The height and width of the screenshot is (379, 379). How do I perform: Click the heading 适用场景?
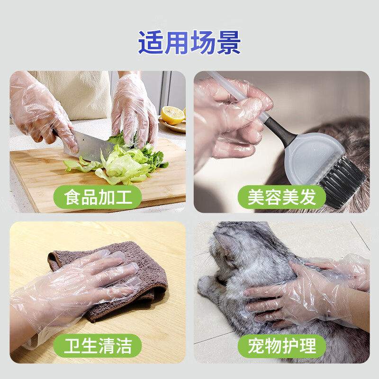click(x=189, y=43)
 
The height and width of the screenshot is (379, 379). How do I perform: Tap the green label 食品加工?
click(x=98, y=197)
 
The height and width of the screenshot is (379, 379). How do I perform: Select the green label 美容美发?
click(x=281, y=197)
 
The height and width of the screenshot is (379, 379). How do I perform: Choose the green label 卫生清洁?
click(x=98, y=346)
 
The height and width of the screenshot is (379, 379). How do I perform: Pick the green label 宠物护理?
click(x=281, y=346)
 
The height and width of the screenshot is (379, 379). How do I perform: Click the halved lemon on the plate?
click(x=172, y=115)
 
